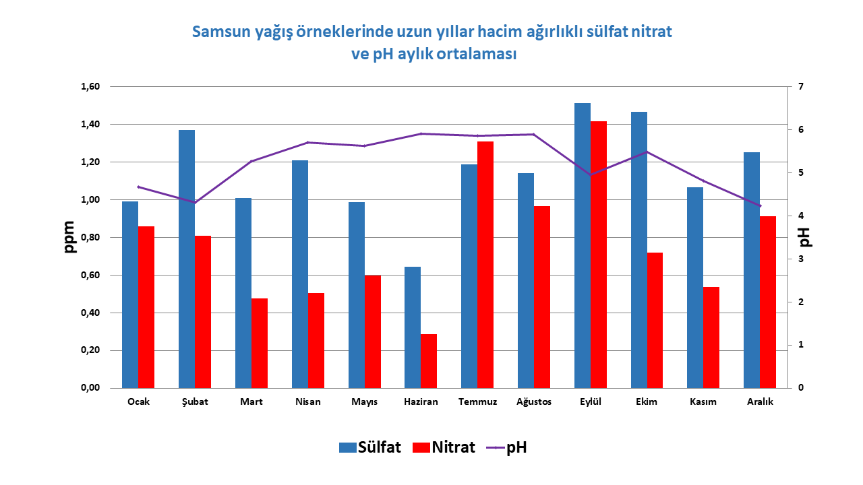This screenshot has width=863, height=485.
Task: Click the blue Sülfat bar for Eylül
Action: tap(582, 246)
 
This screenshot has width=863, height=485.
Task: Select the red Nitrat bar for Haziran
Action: tap(428, 361)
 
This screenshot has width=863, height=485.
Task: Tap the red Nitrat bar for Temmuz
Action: tap(485, 265)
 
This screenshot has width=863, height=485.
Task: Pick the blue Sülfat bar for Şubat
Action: tap(187, 259)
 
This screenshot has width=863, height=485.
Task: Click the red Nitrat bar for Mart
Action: tap(260, 344)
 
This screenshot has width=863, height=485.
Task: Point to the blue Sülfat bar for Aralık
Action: tap(752, 270)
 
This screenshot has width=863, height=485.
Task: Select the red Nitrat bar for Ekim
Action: tap(655, 320)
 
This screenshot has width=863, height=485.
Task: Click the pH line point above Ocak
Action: tap(138, 187)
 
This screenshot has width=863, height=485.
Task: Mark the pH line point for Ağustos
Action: tap(533, 134)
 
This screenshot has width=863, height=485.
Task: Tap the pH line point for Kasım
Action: tap(703, 181)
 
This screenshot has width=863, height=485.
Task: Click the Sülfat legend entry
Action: tap(370, 447)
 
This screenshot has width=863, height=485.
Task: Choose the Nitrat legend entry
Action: tap(444, 447)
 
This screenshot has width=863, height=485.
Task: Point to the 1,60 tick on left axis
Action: tap(90, 87)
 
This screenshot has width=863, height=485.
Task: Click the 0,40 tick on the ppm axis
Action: tap(90, 313)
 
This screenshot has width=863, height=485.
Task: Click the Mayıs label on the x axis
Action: tap(365, 402)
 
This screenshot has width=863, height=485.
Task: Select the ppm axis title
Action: tap(69, 236)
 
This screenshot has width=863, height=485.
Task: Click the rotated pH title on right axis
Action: tap(805, 237)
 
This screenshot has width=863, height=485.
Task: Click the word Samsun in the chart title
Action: tap(222, 32)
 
